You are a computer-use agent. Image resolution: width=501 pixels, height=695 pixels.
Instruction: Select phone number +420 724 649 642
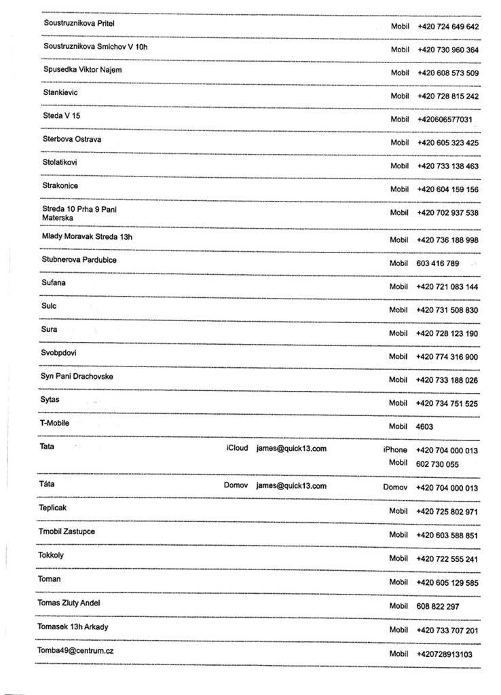(447, 27)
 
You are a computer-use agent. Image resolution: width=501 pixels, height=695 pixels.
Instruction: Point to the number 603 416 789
(437, 263)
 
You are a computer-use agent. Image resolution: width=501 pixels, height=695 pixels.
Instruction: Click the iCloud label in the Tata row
(237, 449)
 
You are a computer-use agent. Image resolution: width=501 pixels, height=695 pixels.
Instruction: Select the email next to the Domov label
(291, 486)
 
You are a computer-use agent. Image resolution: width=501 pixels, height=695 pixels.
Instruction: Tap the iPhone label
(395, 450)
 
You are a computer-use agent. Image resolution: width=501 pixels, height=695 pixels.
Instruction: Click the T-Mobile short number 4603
(424, 427)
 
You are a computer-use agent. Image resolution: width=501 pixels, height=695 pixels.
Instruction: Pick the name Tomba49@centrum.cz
(75, 650)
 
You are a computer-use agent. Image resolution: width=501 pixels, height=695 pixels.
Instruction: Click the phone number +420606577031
(445, 119)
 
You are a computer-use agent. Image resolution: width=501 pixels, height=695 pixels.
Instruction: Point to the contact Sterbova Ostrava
(73, 140)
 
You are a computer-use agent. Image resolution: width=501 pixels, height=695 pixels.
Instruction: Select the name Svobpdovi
(59, 352)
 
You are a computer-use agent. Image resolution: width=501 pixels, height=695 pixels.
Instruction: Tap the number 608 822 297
(437, 606)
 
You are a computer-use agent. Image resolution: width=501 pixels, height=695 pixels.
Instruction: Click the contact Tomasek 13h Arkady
(73, 626)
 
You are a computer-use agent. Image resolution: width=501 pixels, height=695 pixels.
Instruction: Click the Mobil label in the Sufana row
(398, 287)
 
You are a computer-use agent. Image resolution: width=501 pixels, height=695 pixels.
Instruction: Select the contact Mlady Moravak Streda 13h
(86, 236)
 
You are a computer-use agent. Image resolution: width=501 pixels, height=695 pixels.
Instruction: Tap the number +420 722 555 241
(447, 559)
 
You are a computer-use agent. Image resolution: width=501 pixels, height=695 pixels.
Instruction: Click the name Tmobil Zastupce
(67, 531)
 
